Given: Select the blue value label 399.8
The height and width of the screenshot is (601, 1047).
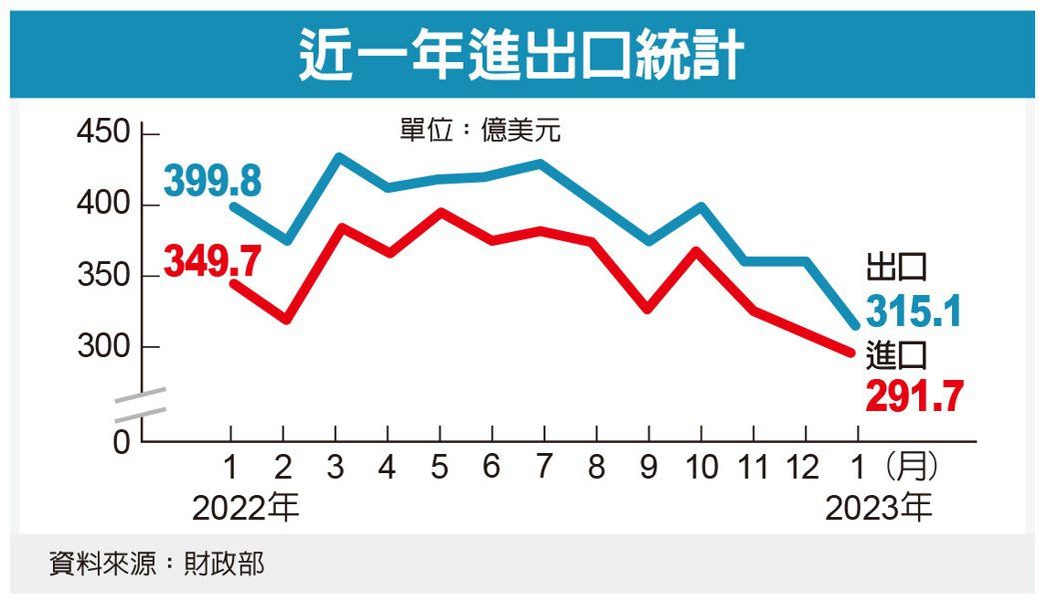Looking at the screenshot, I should click(212, 182).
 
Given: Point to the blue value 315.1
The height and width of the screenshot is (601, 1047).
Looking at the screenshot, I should click(913, 311).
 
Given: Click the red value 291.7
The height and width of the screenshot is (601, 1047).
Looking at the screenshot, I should click(914, 396).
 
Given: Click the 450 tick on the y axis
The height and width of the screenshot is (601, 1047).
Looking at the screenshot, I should click(103, 133).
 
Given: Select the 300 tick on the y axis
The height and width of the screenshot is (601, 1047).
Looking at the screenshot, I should click(103, 347).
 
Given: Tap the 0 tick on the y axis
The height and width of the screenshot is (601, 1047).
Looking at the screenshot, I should click(121, 442).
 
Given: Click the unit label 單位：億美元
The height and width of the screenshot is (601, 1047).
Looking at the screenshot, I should click(481, 131).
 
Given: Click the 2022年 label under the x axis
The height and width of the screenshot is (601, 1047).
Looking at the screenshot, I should click(246, 509).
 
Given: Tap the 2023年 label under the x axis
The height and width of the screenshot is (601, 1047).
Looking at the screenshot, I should click(879, 509).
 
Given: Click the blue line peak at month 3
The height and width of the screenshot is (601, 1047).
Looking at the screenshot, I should click(338, 157).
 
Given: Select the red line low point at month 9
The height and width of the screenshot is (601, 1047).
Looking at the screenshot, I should click(648, 310).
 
